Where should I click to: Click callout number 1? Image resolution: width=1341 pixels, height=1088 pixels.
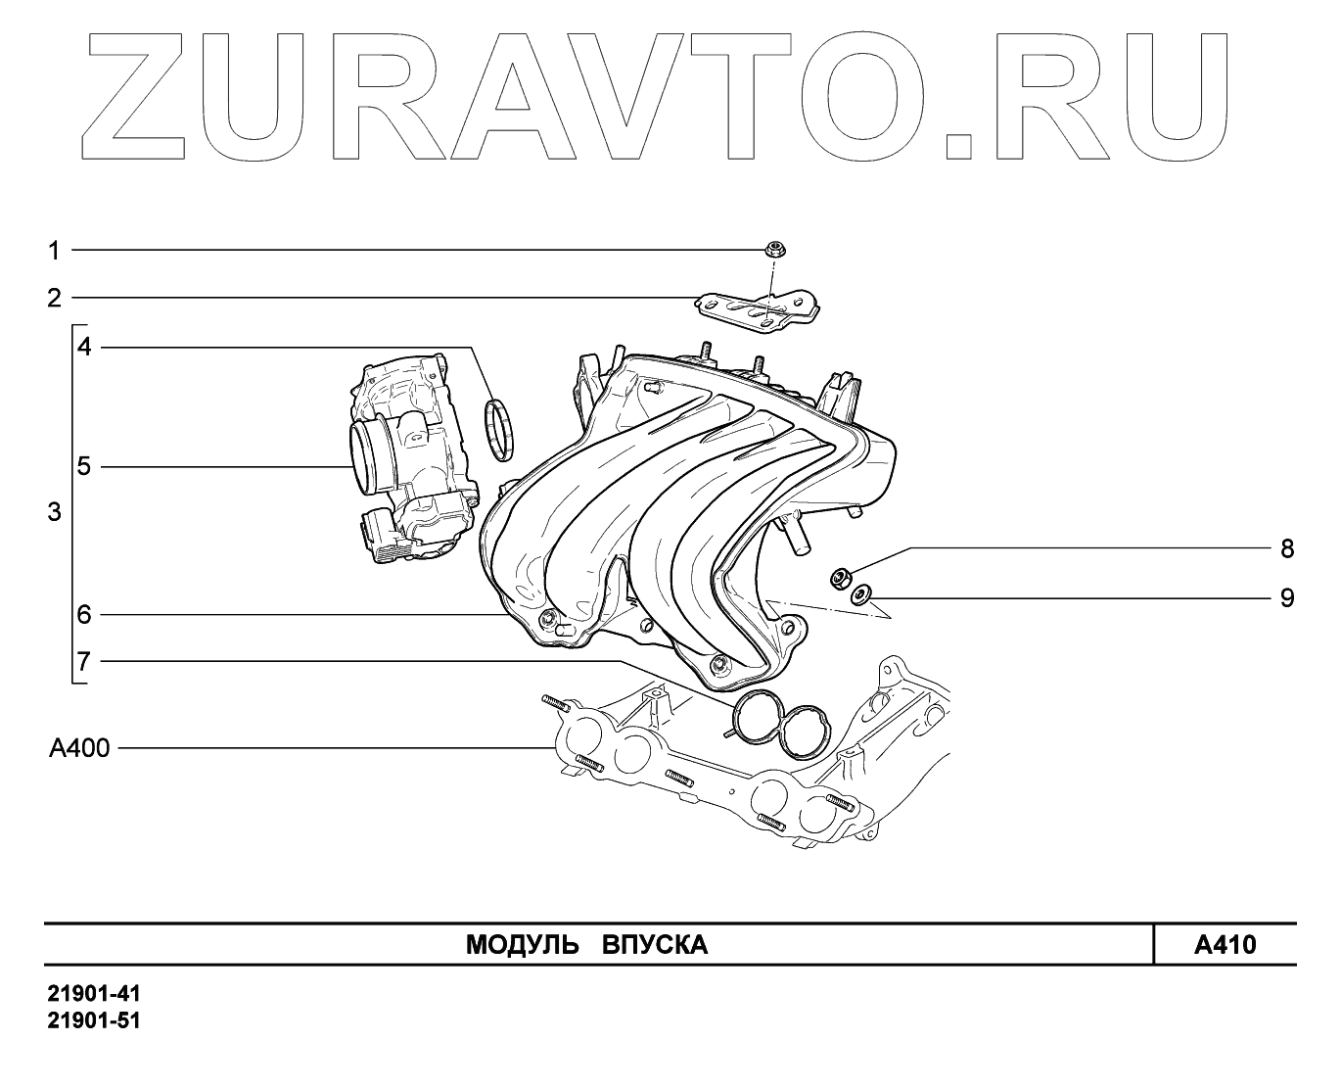[x=55, y=251]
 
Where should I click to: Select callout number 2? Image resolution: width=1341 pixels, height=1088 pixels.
[x=55, y=298]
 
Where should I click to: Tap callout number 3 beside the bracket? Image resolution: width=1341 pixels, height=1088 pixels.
[x=55, y=512]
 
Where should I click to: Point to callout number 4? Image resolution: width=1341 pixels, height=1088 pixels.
[x=85, y=347]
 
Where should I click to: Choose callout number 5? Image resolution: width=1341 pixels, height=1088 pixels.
[x=85, y=466]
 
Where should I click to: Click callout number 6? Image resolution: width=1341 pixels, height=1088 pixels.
[x=85, y=615]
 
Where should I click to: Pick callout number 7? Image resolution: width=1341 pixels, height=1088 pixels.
[x=85, y=661]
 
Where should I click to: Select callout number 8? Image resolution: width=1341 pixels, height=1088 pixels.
[x=1287, y=548]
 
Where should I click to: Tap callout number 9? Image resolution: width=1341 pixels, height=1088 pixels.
[x=1287, y=597]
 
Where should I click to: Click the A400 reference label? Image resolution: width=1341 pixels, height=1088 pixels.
[x=79, y=749]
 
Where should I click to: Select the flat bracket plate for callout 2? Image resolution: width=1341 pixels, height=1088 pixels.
[x=758, y=308]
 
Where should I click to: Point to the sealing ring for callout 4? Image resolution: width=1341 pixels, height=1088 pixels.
[x=503, y=430]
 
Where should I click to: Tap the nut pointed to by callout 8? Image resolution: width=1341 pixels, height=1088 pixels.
[x=839, y=579]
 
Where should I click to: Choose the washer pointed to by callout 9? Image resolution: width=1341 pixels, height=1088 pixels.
[x=860, y=593]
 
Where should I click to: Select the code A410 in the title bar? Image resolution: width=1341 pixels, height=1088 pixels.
[x=1225, y=945]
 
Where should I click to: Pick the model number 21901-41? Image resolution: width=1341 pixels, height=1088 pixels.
[x=94, y=995]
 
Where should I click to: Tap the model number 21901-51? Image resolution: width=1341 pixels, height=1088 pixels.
[x=94, y=1021]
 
